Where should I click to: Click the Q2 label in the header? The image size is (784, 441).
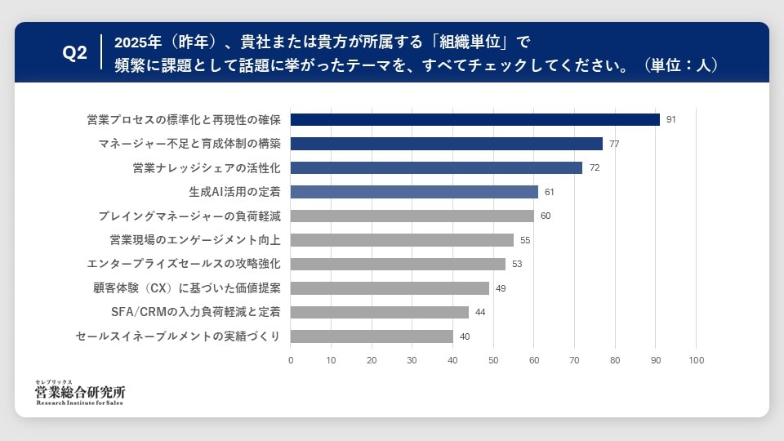point(75,53)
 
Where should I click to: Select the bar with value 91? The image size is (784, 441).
point(474,119)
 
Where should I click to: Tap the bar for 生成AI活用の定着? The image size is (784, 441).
point(414,192)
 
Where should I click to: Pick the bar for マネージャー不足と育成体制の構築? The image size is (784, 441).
point(446,144)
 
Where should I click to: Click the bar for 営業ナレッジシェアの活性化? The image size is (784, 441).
point(436,167)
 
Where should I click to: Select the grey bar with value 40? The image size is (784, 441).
point(372,336)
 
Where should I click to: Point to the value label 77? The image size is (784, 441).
point(614,144)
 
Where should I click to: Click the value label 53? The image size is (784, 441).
point(517,264)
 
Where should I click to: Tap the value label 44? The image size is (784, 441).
point(480,312)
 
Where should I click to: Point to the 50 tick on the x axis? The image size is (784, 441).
point(493,360)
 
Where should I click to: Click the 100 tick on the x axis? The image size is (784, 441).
point(696,360)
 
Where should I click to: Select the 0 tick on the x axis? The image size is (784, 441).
point(291,360)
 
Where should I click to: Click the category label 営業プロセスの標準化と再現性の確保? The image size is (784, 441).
point(184,120)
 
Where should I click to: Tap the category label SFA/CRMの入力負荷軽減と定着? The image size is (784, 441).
point(196,312)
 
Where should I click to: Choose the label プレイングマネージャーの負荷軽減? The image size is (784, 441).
point(189,216)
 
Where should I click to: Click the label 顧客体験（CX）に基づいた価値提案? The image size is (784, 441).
point(187,288)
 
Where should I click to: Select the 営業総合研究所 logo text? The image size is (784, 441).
point(80,393)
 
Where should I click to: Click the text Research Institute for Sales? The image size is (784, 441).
point(80,403)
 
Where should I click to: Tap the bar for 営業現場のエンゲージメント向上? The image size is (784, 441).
point(402,240)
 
